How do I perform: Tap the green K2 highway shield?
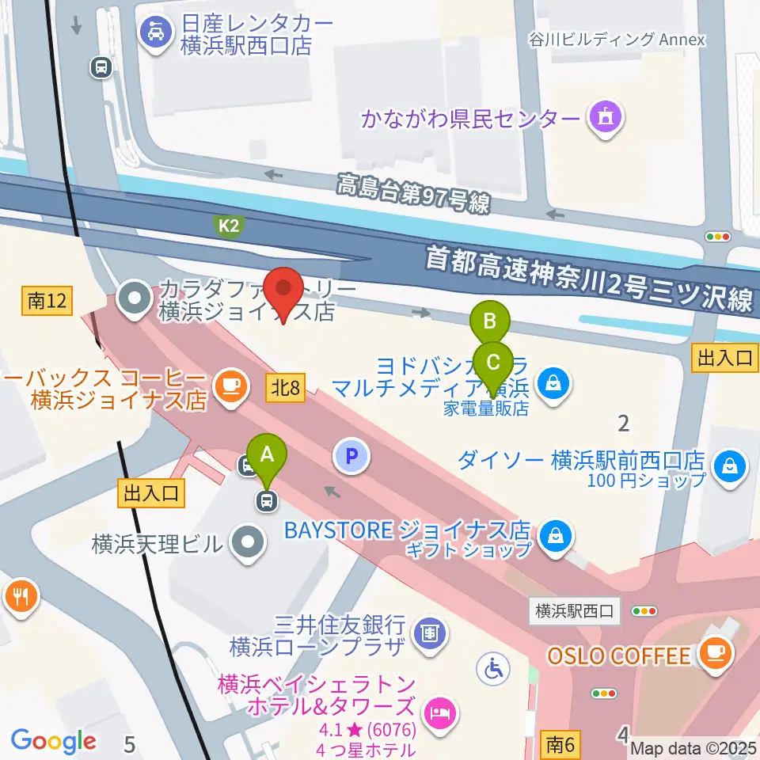229,226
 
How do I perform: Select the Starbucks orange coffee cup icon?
230,385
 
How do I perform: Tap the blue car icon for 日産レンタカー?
152,32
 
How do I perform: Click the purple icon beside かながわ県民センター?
606,120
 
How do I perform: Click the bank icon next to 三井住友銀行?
430,633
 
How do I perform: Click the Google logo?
54,741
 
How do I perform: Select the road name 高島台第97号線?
413,194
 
